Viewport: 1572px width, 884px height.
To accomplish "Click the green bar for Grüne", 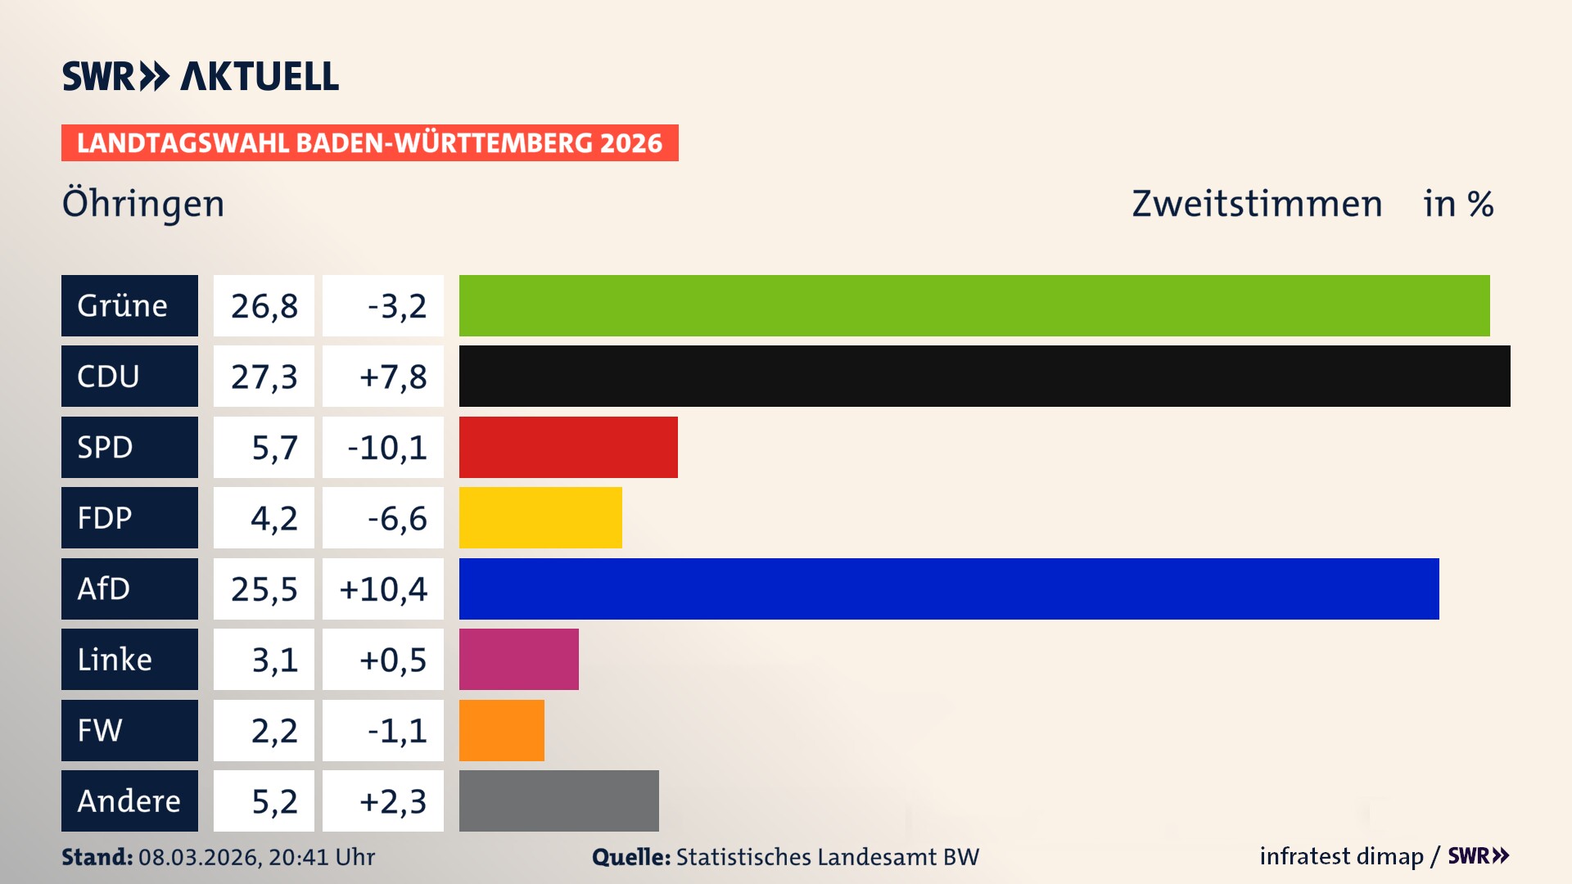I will click(x=974, y=305).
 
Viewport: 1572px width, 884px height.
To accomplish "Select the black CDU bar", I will click(x=984, y=377).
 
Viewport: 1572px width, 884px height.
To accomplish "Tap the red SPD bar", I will click(x=568, y=447).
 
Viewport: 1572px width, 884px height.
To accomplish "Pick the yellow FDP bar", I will click(x=540, y=518).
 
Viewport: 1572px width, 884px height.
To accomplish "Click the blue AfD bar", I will click(x=949, y=589).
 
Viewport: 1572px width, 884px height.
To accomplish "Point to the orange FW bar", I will click(x=501, y=730).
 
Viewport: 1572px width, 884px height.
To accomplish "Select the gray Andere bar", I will click(x=558, y=801).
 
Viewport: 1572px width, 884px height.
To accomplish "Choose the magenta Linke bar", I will click(x=518, y=660).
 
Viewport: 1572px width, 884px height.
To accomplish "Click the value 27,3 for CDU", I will click(x=264, y=377).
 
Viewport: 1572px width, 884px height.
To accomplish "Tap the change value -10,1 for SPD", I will click(x=386, y=448).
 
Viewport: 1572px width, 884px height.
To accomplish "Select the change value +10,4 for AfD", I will click(x=383, y=589).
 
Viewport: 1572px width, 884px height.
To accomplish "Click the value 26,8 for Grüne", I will click(x=264, y=306).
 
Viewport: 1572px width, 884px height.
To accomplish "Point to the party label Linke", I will click(x=115, y=660).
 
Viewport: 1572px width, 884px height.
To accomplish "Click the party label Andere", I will click(x=129, y=801).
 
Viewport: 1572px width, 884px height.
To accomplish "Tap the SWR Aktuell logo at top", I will click(x=200, y=76).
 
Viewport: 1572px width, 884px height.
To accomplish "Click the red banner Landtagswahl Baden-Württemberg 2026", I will click(x=369, y=143).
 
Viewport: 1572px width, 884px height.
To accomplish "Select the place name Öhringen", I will click(x=143, y=204).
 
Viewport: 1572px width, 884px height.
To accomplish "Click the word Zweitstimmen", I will click(x=1257, y=204).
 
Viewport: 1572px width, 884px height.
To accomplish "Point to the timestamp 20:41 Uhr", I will click(x=321, y=857).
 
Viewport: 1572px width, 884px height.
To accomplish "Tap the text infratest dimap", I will click(x=1341, y=856).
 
